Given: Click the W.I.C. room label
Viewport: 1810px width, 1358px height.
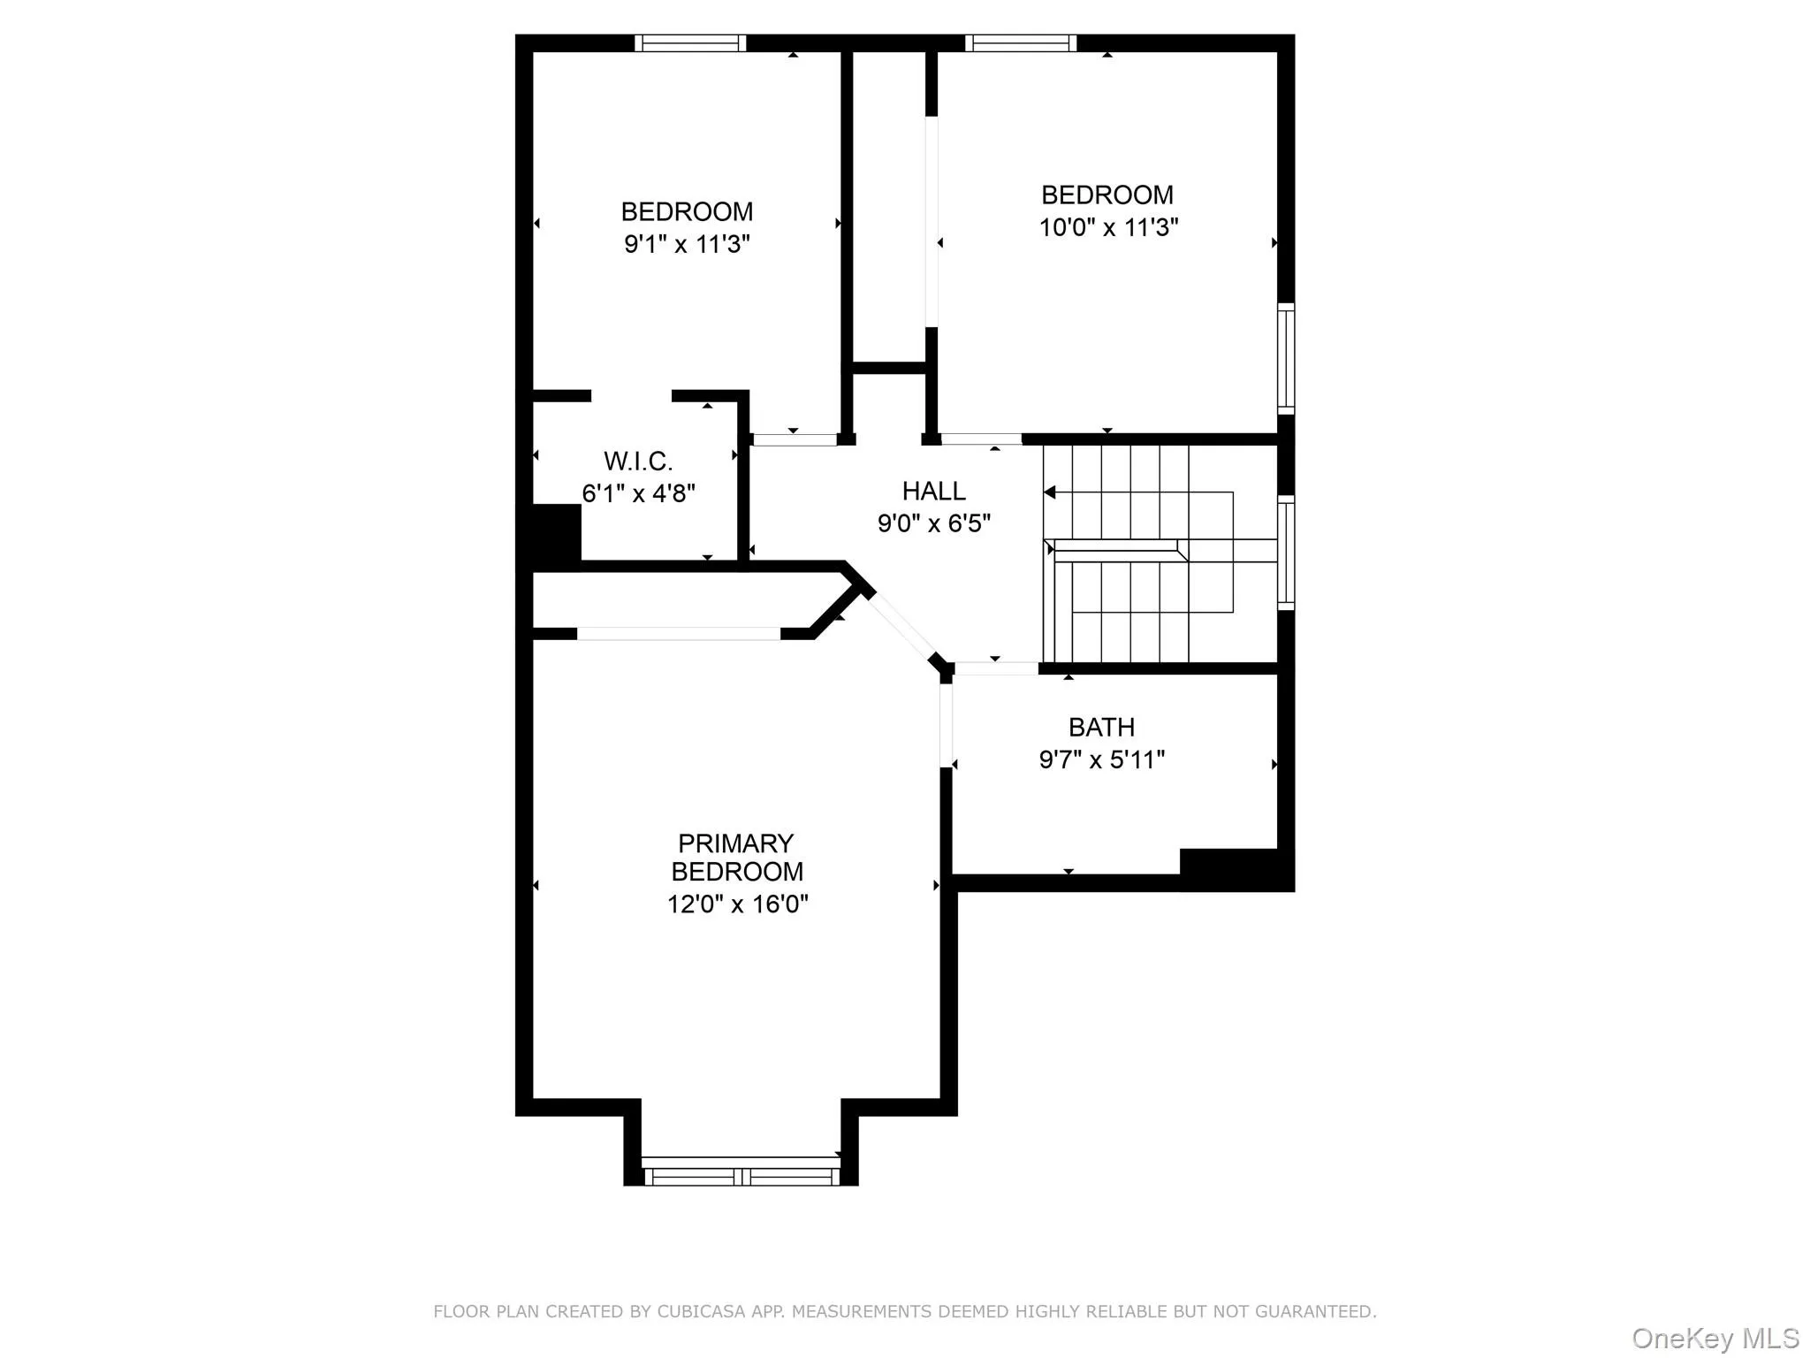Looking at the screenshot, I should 638,461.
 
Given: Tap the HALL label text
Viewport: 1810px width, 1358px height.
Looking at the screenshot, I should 933,491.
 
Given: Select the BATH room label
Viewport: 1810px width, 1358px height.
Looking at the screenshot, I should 1101,727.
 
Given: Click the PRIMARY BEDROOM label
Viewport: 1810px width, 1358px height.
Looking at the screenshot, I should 736,857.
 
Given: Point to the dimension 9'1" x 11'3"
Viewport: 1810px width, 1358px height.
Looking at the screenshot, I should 687,244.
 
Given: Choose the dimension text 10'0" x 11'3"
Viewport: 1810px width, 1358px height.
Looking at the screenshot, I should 1108,227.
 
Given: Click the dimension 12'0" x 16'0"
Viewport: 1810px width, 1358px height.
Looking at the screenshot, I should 737,904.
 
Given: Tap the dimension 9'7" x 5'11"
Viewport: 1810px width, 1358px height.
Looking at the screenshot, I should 1101,759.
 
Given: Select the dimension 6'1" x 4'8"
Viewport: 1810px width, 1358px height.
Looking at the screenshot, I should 638,493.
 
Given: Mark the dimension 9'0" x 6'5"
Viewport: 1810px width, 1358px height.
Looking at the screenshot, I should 933,523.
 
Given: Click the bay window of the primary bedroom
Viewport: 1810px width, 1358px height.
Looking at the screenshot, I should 741,1175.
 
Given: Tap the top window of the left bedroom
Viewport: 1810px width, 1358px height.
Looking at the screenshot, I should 690,42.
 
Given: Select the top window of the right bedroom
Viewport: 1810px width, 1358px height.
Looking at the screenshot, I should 1021,42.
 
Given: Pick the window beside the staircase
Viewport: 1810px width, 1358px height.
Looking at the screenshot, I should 1286,553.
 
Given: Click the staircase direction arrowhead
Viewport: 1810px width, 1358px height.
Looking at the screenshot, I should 1049,492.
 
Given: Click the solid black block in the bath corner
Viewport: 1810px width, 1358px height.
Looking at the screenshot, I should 1236,868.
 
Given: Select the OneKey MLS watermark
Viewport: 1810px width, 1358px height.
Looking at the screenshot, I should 1715,1338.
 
